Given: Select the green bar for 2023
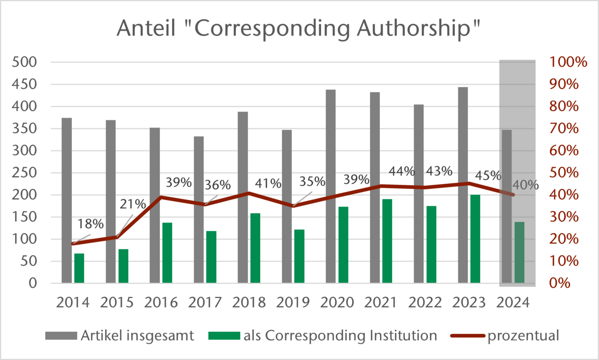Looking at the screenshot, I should (x=475, y=239).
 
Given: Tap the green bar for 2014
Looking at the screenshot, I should (x=79, y=268).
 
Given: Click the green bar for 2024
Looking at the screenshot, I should (x=519, y=252).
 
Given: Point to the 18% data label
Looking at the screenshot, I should (x=90, y=224).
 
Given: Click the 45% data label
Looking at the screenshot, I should (x=488, y=175).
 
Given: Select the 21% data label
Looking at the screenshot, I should (x=133, y=204).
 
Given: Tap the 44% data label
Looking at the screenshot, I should (x=401, y=172).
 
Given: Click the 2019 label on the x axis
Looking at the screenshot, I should (x=293, y=303).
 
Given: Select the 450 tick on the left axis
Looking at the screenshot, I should (x=25, y=84).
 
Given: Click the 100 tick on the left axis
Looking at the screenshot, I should (x=25, y=239).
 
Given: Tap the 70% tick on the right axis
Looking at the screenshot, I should (x=564, y=129).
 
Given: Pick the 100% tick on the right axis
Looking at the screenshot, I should (x=568, y=62).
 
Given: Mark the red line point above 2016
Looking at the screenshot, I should (x=161, y=197).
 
